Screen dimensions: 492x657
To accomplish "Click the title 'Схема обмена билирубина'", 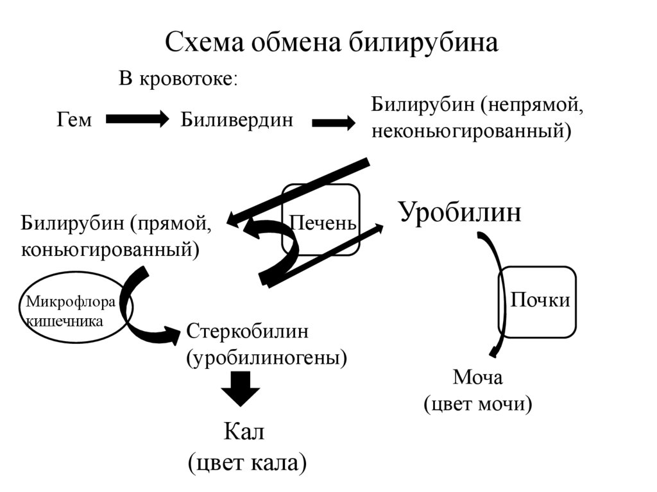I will coord(331,43).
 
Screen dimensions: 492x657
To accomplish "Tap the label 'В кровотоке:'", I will coord(178,80).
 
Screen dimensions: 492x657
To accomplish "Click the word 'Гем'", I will coord(74,119).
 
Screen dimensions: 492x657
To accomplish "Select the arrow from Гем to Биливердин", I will coord(137,119).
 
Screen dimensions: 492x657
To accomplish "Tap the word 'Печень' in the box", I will coord(322,224).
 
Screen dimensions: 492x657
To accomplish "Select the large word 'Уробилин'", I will coord(460,212).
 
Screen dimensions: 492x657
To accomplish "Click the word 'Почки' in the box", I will coord(540,300).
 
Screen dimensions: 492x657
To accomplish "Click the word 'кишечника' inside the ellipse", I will coord(64,320).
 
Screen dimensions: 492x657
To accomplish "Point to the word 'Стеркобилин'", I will coord(248,332).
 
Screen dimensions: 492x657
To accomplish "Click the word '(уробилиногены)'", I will coord(266,357).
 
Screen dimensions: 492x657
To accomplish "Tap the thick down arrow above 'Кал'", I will coord(240,388).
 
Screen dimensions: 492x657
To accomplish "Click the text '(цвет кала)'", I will coord(246,462).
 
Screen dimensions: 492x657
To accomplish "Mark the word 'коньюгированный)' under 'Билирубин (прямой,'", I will coord(110,248).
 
